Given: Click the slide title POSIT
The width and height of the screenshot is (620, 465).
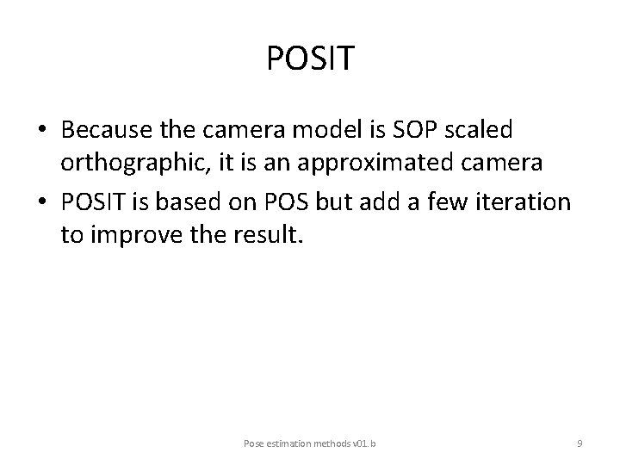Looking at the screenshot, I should pos(310,59).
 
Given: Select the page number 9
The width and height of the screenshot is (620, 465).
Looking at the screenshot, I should pos(580,443).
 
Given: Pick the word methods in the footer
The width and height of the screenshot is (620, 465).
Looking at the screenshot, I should pos(332,443).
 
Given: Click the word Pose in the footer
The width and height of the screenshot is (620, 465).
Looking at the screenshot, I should pos(254,443).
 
